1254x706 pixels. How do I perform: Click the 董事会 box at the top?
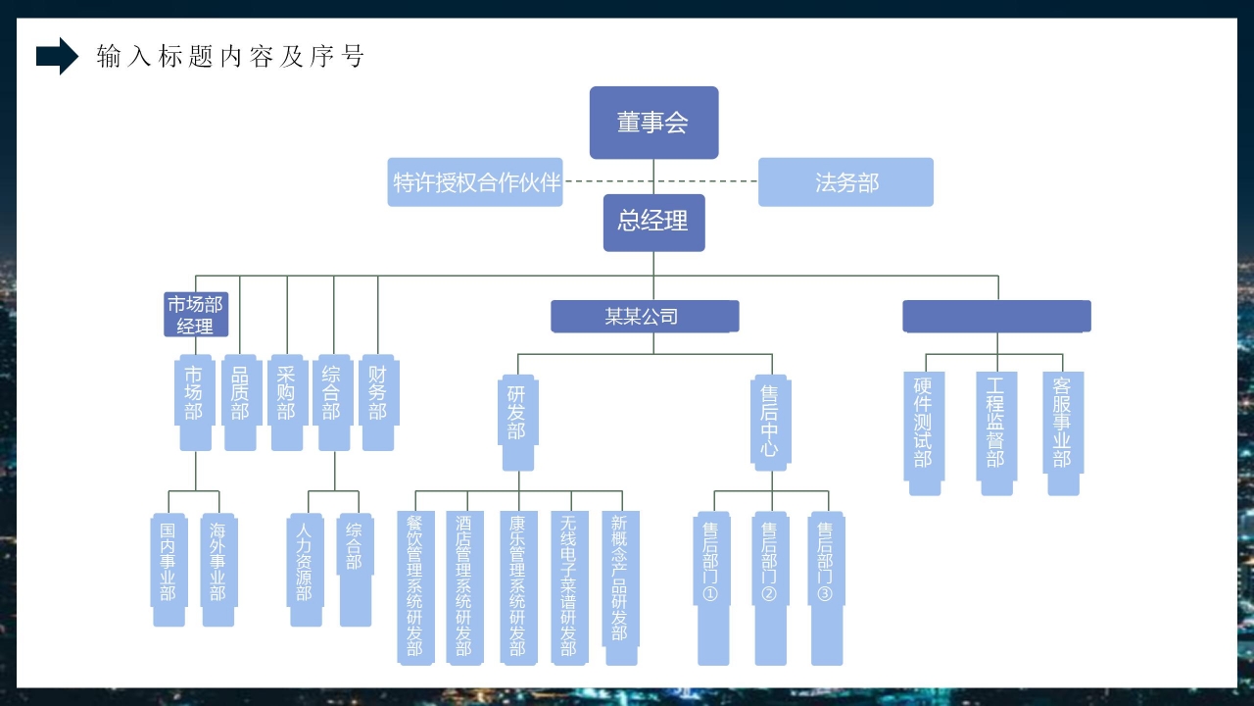point(653,123)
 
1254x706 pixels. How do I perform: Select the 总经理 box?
point(653,223)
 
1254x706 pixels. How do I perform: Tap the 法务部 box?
point(845,182)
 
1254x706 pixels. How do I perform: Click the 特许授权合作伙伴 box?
point(475,182)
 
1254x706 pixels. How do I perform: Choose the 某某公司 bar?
point(645,317)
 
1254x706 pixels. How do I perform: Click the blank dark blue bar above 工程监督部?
point(996,317)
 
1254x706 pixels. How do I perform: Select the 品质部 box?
point(240,402)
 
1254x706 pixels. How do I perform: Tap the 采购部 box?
point(286,402)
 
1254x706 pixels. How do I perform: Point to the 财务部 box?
point(378,402)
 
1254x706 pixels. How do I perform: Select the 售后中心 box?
point(771,422)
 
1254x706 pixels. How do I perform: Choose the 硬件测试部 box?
point(924,431)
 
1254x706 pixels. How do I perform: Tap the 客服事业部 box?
point(1063,431)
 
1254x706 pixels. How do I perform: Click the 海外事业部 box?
point(217,569)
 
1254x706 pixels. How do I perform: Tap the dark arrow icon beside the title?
point(57,57)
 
